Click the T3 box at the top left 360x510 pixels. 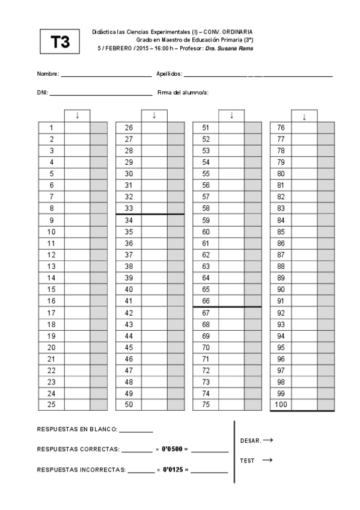pos(60,41)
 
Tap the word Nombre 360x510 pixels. pos(47,74)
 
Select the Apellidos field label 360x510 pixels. pos(169,74)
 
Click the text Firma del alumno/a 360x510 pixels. pos(183,93)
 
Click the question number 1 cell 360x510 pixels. pos(52,127)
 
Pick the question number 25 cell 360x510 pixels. pos(52,405)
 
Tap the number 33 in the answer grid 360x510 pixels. pos(129,209)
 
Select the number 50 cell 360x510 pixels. pos(129,405)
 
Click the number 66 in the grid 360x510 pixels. pos(206,301)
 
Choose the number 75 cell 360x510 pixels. pos(206,405)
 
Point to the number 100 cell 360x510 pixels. pos(281,405)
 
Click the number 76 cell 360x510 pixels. pos(281,127)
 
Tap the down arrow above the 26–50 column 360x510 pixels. pos(154,115)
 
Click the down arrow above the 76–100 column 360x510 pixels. pos(304,117)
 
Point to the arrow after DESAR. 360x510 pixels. pos(268,440)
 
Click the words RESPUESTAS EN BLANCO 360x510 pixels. pos(77,429)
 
